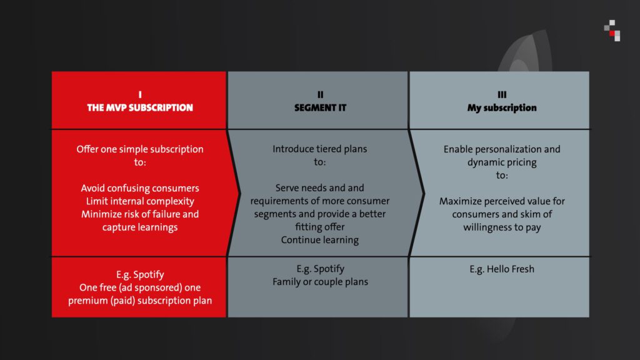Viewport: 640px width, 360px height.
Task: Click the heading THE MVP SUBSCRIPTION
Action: point(140,107)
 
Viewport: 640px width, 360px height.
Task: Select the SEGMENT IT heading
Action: point(321,107)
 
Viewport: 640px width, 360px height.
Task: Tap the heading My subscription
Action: point(502,107)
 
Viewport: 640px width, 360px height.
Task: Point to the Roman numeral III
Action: point(502,95)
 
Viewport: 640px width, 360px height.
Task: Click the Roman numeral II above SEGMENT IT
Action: point(321,95)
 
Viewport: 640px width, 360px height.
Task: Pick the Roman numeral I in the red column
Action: point(140,95)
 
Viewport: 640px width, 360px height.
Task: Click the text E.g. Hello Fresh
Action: point(502,269)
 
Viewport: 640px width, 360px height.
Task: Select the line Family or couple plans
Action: point(321,282)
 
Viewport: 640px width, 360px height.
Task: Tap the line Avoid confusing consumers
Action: point(140,188)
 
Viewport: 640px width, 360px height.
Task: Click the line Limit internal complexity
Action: point(140,201)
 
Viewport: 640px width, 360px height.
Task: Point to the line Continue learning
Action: point(320,240)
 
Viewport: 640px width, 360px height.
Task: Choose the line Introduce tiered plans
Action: point(320,149)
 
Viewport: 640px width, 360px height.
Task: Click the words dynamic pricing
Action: point(502,162)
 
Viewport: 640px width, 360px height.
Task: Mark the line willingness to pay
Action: point(502,227)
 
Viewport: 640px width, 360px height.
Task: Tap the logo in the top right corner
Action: point(612,31)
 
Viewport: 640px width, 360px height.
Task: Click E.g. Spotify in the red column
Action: point(140,275)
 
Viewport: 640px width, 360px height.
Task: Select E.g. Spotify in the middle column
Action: point(321,269)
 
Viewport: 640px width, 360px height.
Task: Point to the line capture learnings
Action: point(140,227)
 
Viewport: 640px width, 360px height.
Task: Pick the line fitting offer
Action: point(320,227)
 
